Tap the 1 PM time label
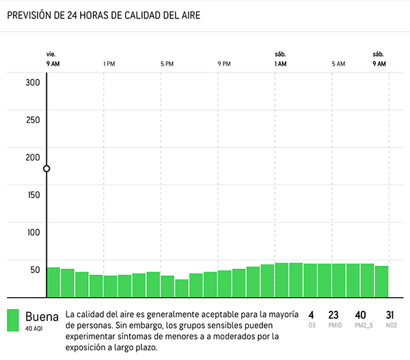109,64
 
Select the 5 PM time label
167,64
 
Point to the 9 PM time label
224,64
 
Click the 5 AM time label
338,64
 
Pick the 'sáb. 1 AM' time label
280,59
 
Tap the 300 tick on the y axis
33,83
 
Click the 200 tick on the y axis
33,157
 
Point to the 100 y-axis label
33,232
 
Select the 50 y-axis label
34,269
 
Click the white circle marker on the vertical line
46,169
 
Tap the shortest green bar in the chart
181,288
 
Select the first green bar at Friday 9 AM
53,281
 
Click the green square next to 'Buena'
13,320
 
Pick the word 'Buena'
42,317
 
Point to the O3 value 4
311,315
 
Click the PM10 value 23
333,315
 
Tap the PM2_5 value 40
361,315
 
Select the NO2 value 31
390,315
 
